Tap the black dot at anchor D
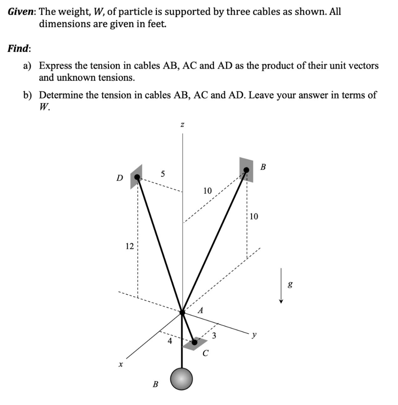[137, 178]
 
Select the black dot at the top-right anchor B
[246, 170]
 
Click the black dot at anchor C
[194, 343]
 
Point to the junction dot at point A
[182, 313]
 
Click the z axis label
[182, 125]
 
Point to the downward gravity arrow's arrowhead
[281, 301]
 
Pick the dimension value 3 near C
[214, 336]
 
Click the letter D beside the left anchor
[119, 178]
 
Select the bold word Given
[21, 12]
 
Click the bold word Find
[18, 48]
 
